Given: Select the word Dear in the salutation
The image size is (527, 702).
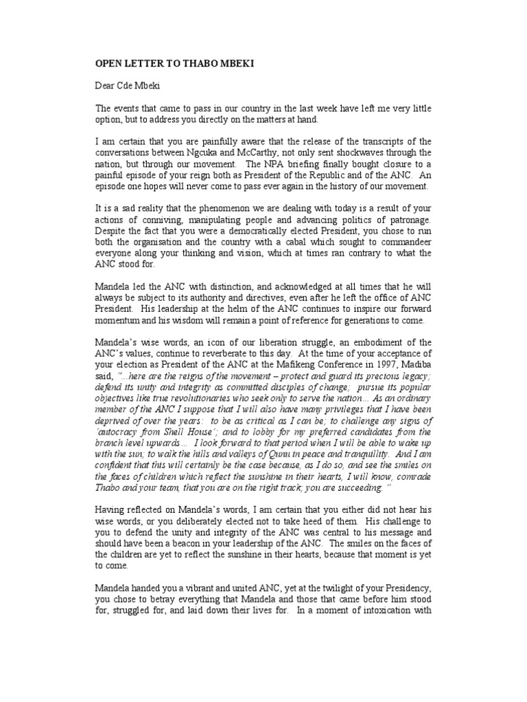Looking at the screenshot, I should (105, 86).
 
